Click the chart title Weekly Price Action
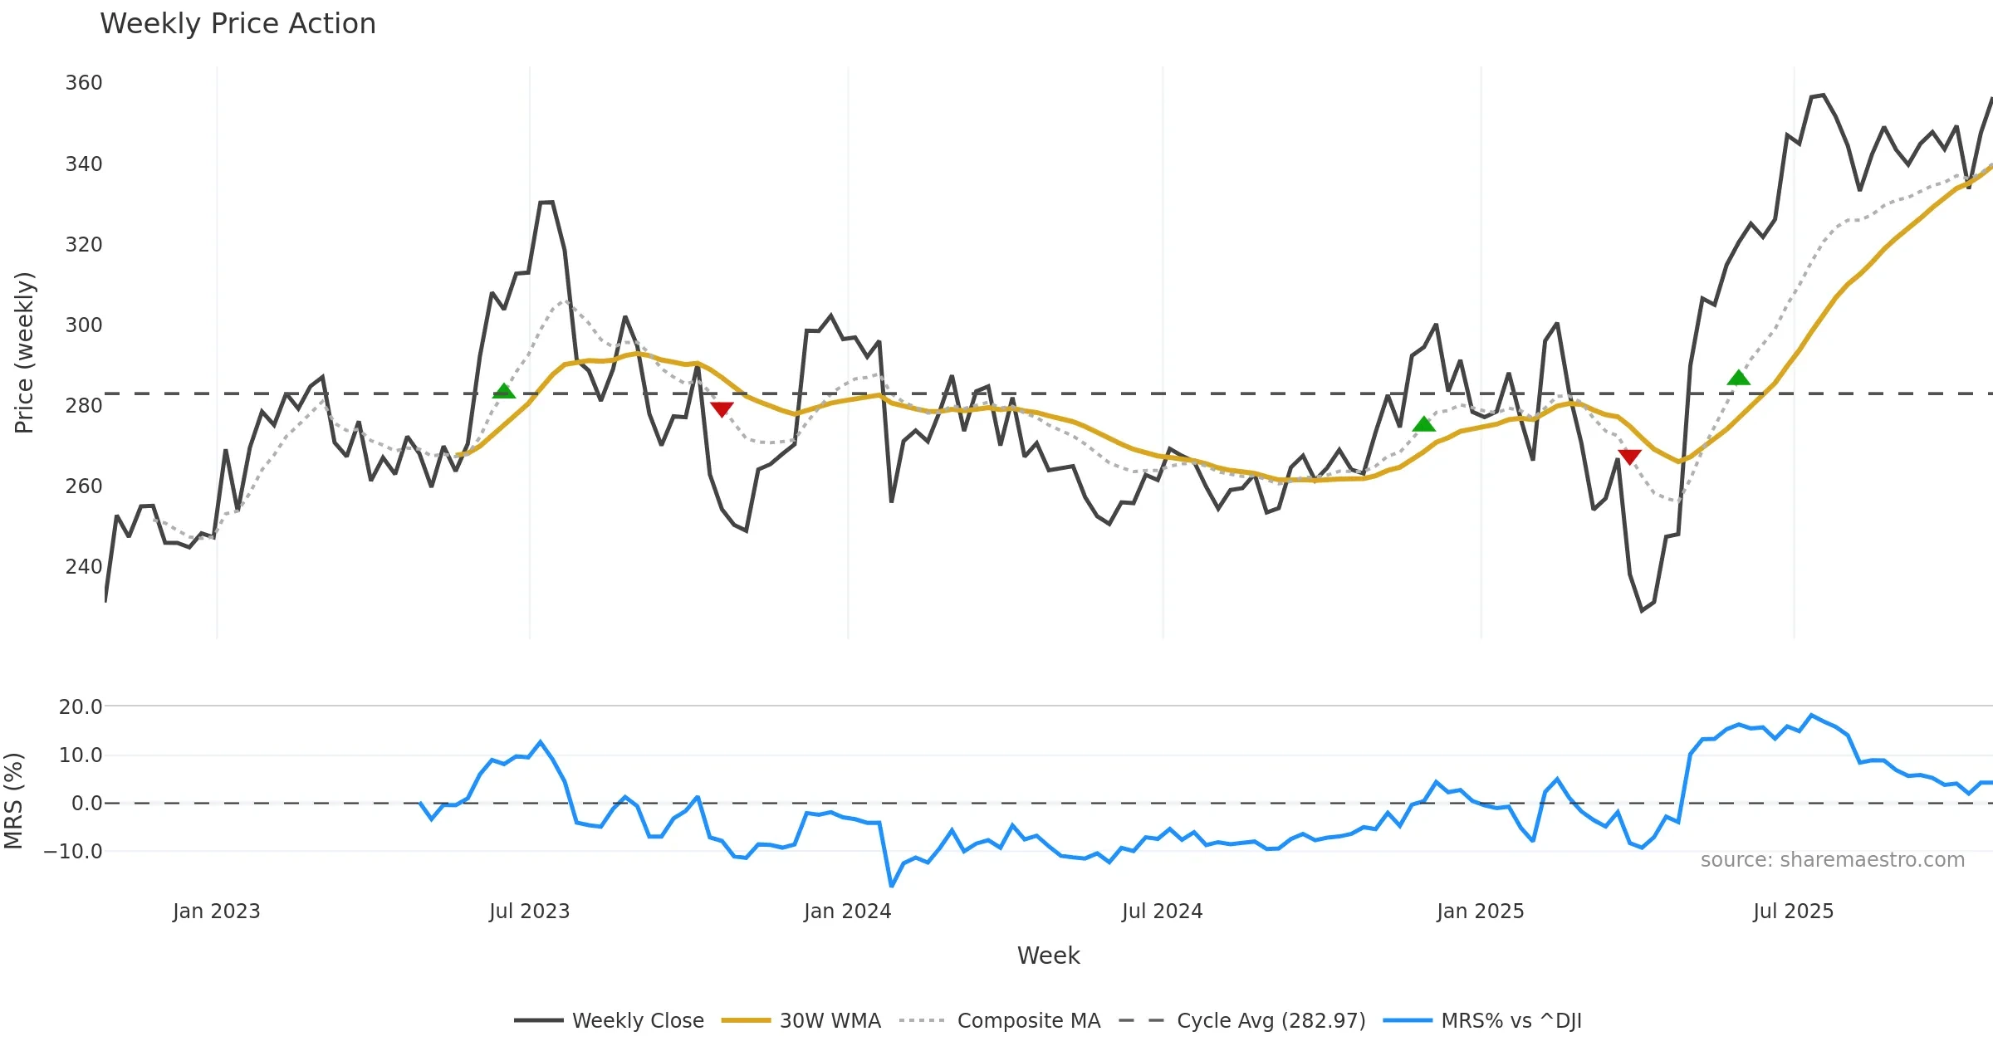coord(237,23)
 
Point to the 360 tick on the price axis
coord(84,83)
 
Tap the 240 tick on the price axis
coord(84,566)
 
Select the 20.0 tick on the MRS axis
coord(81,706)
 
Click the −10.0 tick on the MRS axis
coord(74,851)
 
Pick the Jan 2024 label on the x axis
coord(847,911)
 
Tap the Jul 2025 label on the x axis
coord(1793,911)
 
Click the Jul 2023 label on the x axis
coord(530,911)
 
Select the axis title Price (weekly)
coord(24,352)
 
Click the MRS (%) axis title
coord(13,800)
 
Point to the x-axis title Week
coord(1048,956)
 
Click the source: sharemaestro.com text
coord(1832,859)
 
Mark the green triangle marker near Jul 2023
coord(504,391)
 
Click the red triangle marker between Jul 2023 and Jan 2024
coord(722,409)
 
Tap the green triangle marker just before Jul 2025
coord(1738,379)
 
